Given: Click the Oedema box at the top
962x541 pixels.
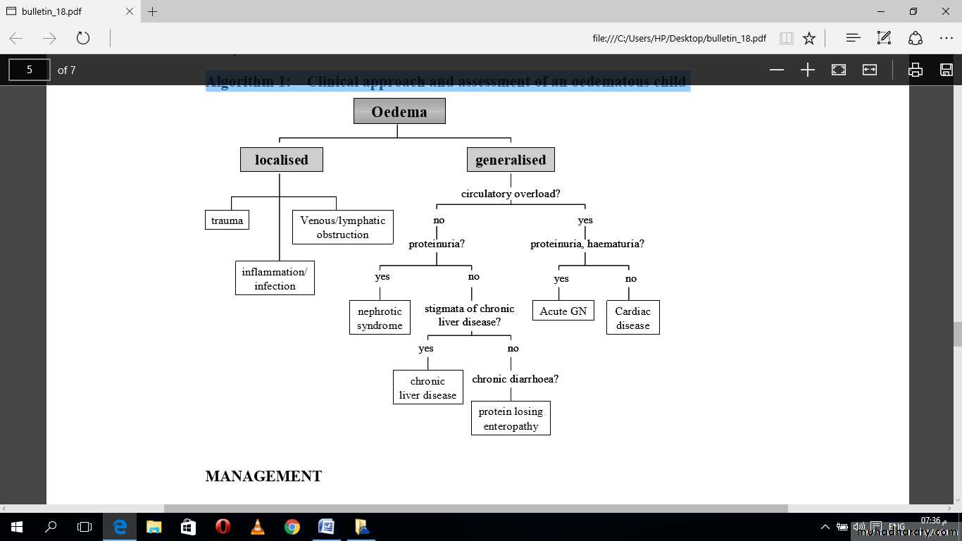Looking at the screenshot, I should pyautogui.click(x=399, y=111).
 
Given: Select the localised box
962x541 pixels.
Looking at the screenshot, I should pyautogui.click(x=281, y=160).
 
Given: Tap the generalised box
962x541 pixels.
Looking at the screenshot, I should pyautogui.click(x=511, y=160).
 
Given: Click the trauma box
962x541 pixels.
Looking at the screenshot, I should pyautogui.click(x=227, y=220).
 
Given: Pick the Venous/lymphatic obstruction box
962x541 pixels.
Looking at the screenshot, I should pyautogui.click(x=342, y=228).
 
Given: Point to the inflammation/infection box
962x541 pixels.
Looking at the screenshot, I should pyautogui.click(x=275, y=278).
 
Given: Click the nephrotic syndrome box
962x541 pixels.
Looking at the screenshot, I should pyautogui.click(x=380, y=318).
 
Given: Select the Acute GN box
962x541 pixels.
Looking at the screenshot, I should pyautogui.click(x=563, y=311).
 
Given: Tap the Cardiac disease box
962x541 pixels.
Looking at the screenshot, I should pyautogui.click(x=632, y=318).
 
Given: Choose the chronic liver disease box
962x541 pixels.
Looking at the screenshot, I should pyautogui.click(x=427, y=387).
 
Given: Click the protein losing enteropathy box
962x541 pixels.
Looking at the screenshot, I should pyautogui.click(x=511, y=418).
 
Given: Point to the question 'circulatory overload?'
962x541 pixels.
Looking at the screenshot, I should pyautogui.click(x=511, y=194).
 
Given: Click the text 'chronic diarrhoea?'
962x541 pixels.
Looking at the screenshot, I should pyautogui.click(x=515, y=379).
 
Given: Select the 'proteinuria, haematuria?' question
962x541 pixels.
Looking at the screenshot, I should pyautogui.click(x=587, y=244).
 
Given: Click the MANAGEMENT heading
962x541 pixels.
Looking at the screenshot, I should pyautogui.click(x=263, y=476).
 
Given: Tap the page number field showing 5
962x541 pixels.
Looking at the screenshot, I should pyautogui.click(x=29, y=70).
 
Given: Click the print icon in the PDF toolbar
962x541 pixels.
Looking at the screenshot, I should pyautogui.click(x=915, y=70).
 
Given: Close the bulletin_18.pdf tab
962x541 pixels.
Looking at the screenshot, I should pyautogui.click(x=130, y=12).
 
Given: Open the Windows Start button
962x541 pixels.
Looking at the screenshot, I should pyautogui.click(x=16, y=526).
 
